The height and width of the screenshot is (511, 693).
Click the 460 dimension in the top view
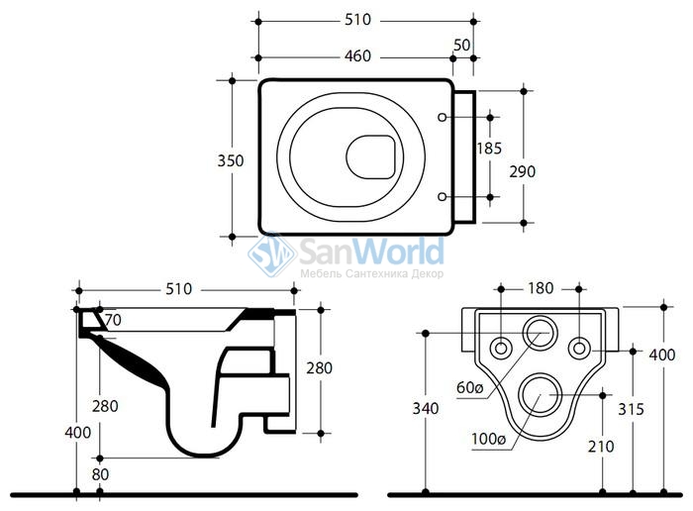[357, 56]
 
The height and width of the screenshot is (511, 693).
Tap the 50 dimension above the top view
[462, 45]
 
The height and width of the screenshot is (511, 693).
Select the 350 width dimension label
[231, 160]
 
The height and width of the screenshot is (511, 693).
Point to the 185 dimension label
[489, 149]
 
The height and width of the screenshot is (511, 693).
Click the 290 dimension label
[523, 171]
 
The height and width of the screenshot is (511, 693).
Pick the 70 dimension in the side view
[113, 320]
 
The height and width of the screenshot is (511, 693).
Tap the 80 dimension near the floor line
[100, 474]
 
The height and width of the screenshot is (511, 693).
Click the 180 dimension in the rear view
[541, 288]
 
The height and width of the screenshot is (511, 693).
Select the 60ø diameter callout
[470, 387]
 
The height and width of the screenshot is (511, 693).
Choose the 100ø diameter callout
[488, 439]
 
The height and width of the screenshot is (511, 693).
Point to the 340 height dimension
[426, 408]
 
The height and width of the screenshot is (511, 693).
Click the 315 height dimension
[632, 409]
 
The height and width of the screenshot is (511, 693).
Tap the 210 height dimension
[601, 447]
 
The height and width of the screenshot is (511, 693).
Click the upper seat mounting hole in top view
[442, 117]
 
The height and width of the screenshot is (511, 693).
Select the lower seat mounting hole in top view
[442, 197]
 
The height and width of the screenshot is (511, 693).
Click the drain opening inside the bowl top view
[370, 156]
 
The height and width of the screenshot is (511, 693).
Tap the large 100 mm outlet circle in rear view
[541, 395]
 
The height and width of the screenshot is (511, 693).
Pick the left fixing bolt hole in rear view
[501, 348]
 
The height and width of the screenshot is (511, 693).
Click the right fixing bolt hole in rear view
[579, 348]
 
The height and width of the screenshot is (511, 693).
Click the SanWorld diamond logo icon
[272, 255]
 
